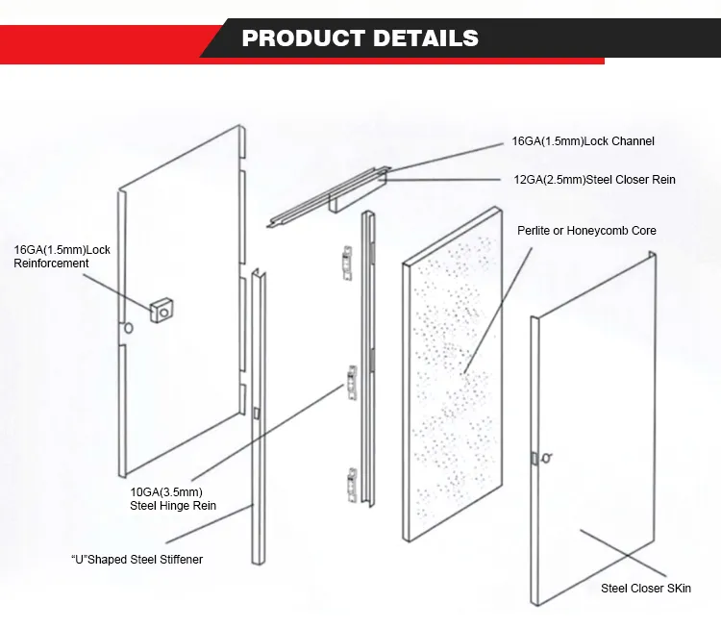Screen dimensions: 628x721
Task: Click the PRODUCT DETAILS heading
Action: click(360, 38)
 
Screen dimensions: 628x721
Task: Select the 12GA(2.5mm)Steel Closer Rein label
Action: click(593, 179)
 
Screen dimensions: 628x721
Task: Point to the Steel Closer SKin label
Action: click(646, 588)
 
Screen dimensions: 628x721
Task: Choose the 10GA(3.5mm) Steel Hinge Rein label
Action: click(173, 498)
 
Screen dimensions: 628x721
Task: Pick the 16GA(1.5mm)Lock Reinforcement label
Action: click(62, 257)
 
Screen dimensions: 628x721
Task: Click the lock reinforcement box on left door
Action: click(161, 310)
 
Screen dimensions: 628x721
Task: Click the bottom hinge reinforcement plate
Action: click(352, 484)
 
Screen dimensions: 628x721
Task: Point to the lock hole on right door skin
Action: click(545, 459)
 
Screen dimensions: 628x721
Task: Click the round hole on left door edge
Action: click(127, 330)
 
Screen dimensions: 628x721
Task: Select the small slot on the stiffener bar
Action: click(258, 413)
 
